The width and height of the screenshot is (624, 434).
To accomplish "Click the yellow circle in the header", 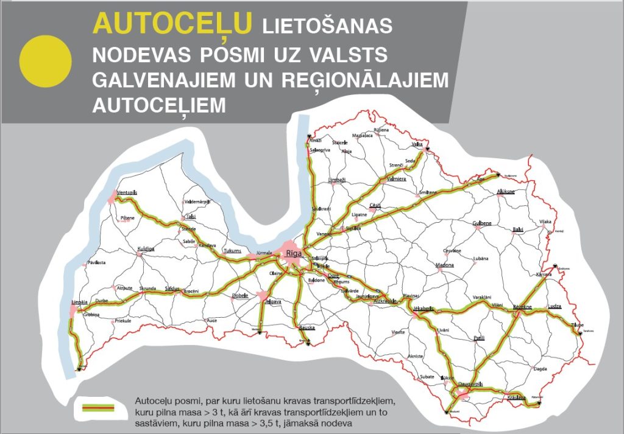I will click(46, 61).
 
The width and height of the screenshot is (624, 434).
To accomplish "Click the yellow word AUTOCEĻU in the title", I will click(172, 24).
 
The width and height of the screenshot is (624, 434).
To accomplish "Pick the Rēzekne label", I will click(522, 306).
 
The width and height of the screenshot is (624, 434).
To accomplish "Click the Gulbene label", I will click(482, 223).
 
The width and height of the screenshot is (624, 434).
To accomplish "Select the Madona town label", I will click(445, 265).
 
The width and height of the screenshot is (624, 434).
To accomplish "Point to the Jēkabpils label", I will click(423, 309).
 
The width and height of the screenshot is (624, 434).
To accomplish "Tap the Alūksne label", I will click(506, 192).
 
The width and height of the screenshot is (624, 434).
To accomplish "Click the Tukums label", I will click(232, 251).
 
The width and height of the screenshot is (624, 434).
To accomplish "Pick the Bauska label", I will click(307, 327).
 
